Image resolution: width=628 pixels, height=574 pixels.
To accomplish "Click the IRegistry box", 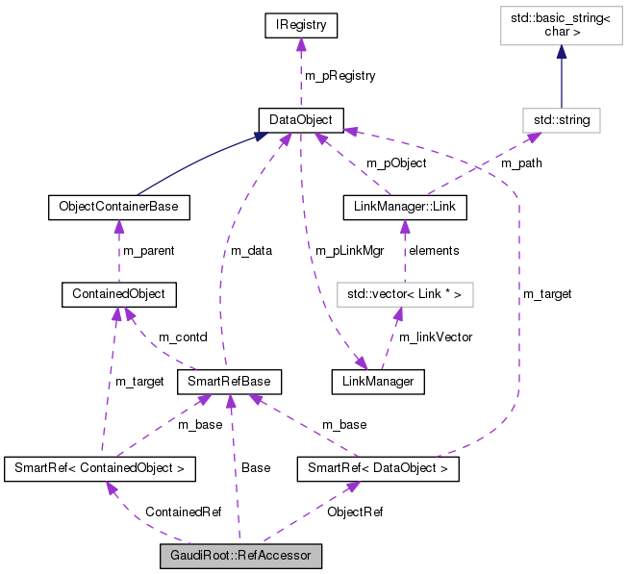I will tap(300, 26).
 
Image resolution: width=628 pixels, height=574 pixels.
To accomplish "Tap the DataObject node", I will tap(300, 119).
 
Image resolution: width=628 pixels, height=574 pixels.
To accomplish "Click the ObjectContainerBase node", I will tap(117, 206).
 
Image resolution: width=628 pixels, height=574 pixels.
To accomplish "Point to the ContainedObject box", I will tap(117, 292).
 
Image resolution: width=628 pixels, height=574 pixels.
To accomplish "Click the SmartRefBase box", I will tap(228, 382).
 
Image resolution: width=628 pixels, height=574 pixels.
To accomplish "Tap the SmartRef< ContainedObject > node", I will tap(100, 468).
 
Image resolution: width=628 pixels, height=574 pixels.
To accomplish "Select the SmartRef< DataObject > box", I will tap(377, 468).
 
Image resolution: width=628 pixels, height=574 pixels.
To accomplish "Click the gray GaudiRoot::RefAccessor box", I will tap(240, 555).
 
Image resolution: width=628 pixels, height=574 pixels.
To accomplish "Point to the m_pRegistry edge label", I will tap(339, 75).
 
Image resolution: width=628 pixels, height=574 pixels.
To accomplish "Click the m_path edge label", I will tap(520, 162).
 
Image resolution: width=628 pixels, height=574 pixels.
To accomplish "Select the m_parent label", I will tap(148, 250).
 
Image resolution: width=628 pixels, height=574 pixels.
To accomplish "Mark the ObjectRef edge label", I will tap(355, 512).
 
